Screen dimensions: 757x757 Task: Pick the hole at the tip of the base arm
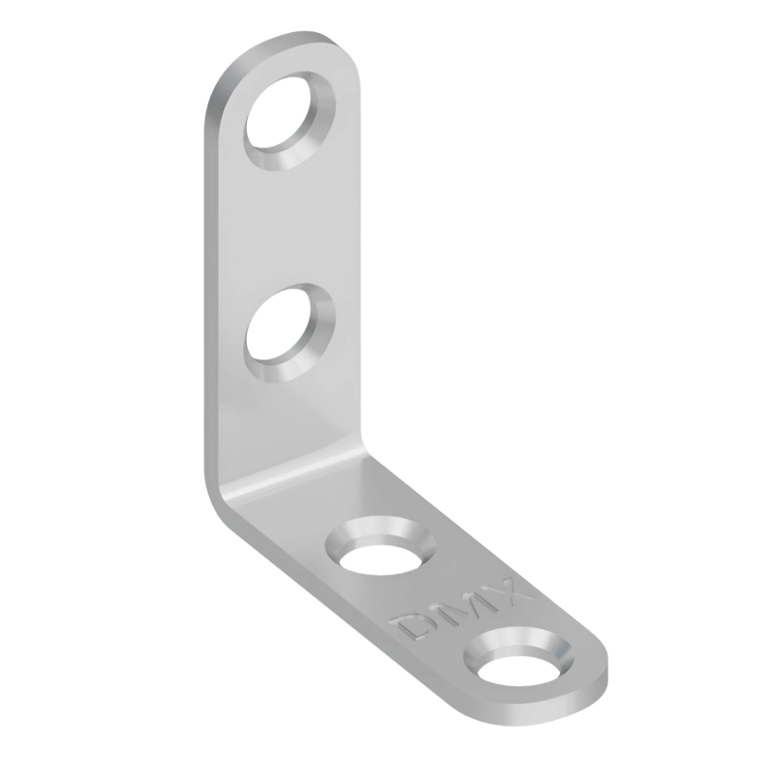click(519, 666)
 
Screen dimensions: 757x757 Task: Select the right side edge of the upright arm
click(360, 284)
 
